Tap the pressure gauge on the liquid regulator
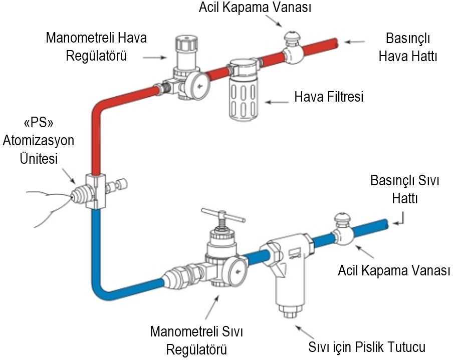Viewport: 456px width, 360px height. click(238, 271)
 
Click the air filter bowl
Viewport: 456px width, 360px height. click(244, 98)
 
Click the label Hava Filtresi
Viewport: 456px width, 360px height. click(329, 97)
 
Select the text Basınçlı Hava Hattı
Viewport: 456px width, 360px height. click(408, 47)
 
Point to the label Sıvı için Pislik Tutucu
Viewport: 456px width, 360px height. click(367, 347)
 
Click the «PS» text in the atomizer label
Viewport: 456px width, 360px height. click(39, 123)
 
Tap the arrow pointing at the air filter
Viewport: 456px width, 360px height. click(277, 102)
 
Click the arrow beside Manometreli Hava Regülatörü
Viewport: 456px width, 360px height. click(155, 58)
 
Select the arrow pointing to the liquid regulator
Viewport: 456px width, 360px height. click(212, 307)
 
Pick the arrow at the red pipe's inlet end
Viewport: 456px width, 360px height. click(354, 42)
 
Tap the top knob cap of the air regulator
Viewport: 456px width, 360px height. click(186, 43)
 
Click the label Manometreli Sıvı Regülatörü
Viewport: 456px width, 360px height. click(196, 340)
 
